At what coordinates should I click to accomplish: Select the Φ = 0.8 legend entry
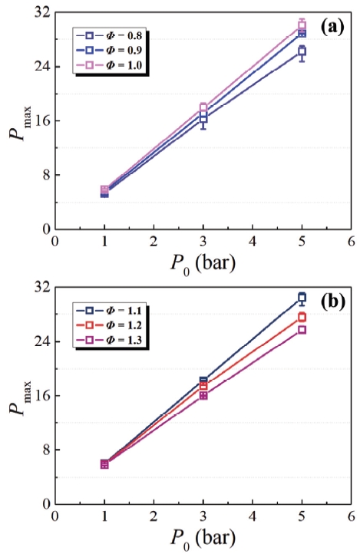coord(111,35)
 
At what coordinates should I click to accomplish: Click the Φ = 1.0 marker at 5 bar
coord(302,25)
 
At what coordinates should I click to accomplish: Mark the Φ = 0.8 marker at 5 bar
coord(302,51)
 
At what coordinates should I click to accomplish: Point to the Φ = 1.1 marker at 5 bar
coord(302,297)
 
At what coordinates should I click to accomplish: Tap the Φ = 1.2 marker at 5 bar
coord(302,317)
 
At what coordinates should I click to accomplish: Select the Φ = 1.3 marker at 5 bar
coord(302,330)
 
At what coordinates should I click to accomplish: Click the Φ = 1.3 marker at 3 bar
coord(203,395)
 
